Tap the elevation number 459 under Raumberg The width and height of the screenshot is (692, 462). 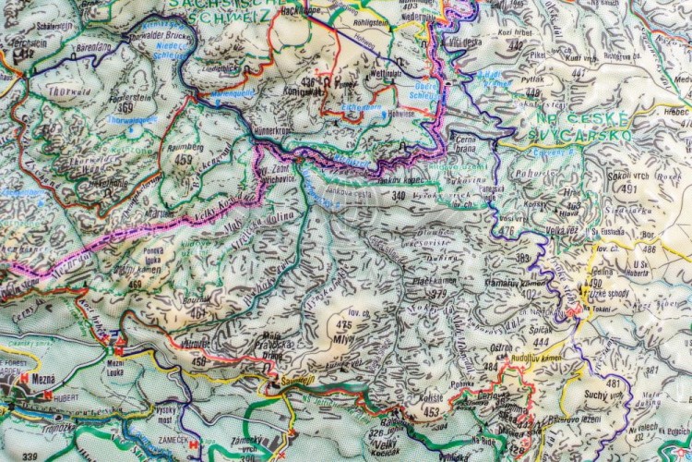pos(184,159)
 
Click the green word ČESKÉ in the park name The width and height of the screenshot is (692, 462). pos(601,119)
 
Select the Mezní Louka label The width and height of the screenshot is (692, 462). pos(116,367)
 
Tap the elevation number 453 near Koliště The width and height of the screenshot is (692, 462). pos(432,412)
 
